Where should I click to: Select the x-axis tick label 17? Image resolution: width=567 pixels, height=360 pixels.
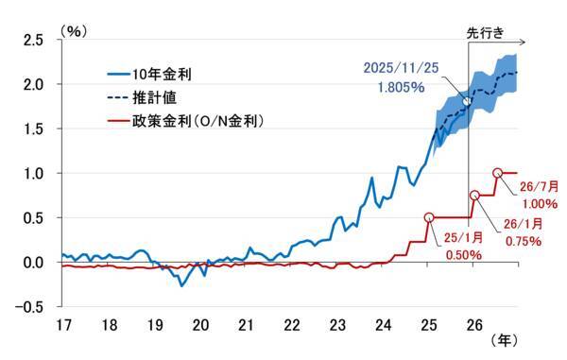[64, 325]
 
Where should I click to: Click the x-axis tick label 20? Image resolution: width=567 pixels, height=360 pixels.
[200, 325]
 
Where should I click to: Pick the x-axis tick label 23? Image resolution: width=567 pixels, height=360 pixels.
[336, 325]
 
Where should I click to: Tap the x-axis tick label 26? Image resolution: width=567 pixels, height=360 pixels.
[472, 325]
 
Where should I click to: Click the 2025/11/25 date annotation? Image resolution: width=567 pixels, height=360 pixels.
[403, 67]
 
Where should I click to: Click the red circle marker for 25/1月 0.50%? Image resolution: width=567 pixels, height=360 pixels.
[429, 217]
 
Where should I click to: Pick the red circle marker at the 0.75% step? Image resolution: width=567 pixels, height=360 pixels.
[475, 196]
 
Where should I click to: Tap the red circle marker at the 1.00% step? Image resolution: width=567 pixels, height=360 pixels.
[498, 173]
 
